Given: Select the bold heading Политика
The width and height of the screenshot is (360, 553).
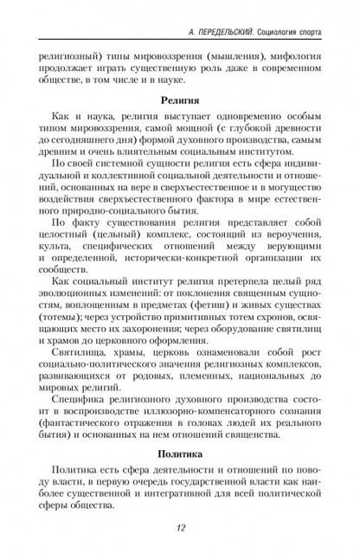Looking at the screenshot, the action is (180, 453).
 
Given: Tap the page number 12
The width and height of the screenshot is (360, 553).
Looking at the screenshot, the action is (180, 530).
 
